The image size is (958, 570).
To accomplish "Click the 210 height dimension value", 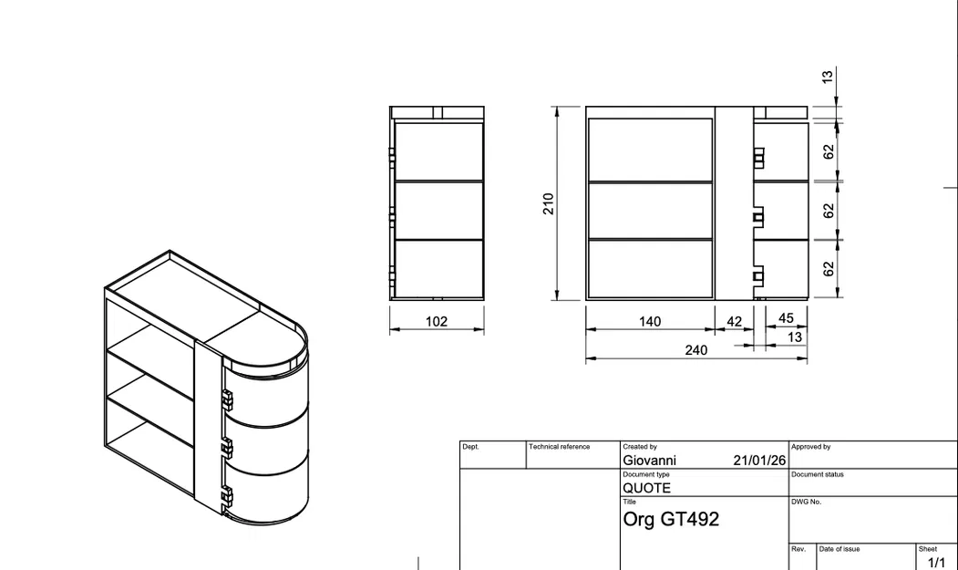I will (x=548, y=202).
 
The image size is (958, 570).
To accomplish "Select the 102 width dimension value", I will (x=437, y=321).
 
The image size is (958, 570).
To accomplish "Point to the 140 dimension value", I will (x=650, y=321).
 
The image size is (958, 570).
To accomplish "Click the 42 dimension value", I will (x=734, y=321).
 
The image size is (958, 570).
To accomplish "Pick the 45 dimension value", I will (x=786, y=318).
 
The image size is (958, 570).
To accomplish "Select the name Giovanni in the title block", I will (x=649, y=461).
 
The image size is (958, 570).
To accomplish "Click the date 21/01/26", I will (x=759, y=461).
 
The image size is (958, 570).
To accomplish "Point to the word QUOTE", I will (x=646, y=488).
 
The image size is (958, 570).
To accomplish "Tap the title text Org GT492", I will (x=671, y=519).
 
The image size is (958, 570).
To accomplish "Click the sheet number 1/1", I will (x=936, y=563).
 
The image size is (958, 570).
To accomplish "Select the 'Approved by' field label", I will (x=810, y=447).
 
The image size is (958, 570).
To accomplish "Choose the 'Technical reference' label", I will (x=559, y=447).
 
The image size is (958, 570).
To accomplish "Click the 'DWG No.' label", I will (x=806, y=502).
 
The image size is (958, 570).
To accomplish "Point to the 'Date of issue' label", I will (x=839, y=549).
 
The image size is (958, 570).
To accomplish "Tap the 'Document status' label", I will (x=818, y=474).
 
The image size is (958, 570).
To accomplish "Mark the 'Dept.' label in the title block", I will (x=470, y=447).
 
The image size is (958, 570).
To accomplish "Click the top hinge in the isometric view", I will (x=227, y=399).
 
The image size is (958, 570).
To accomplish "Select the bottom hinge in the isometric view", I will (x=227, y=496).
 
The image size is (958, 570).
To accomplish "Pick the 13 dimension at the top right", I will (x=827, y=77).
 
